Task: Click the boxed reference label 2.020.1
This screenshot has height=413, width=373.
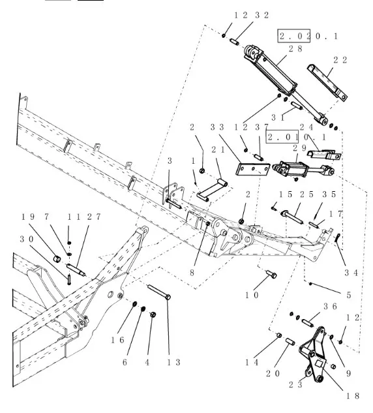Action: [308, 36]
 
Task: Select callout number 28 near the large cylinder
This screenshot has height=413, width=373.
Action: [295, 49]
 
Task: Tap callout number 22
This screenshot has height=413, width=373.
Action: [340, 60]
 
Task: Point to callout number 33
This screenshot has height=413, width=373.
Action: [217, 127]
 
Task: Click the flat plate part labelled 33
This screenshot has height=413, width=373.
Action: [252, 169]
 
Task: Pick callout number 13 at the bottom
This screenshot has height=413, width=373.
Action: [173, 362]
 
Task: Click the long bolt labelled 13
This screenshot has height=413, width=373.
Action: [159, 292]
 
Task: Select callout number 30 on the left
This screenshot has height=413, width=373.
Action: [27, 239]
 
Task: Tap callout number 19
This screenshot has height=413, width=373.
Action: [27, 217]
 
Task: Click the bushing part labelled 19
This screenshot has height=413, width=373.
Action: [57, 258]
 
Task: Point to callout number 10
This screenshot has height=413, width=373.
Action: [252, 295]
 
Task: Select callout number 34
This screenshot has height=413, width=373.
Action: [351, 273]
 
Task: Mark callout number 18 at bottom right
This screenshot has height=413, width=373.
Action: [352, 396]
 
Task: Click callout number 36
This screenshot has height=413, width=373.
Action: [330, 307]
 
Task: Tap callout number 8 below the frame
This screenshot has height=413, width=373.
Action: [192, 273]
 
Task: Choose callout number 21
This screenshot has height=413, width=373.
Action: [218, 149]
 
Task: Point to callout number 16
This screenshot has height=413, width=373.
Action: [117, 340]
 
